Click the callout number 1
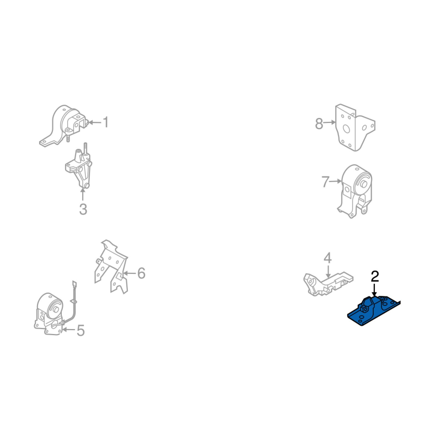pos(105,122)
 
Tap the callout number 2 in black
pos(375,277)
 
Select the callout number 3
pos(83,209)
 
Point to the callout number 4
pos(327,258)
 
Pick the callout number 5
pos(80,330)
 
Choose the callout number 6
pos(141,273)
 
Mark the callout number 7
pos(325,182)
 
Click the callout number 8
pos(319,123)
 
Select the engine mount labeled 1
pos(64,125)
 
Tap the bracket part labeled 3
pos(79,166)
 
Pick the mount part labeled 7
pos(355,191)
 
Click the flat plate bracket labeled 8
pos(354,127)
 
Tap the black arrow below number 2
pos(374,290)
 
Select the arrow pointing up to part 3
pos(83,195)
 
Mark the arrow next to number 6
pos(130,273)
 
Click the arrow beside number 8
pos(330,122)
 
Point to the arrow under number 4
pos(328,272)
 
